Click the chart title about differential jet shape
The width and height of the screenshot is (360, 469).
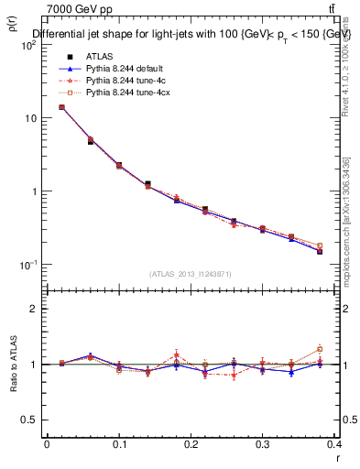click(191, 35)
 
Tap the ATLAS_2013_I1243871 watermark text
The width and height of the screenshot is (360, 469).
click(190, 275)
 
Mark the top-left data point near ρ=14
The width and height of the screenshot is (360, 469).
click(61, 107)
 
